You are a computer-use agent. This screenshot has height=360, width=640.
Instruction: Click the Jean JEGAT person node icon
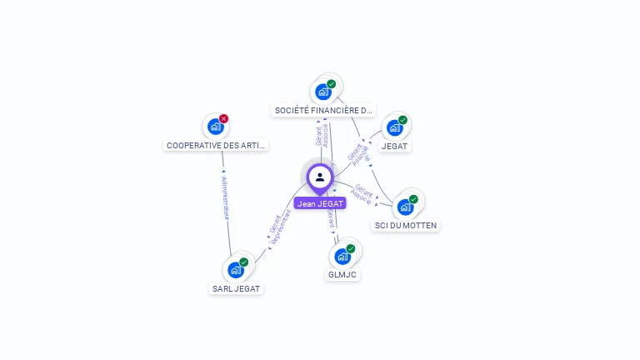pyautogui.click(x=319, y=177)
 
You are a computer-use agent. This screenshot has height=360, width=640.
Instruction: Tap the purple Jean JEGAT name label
pyautogui.click(x=319, y=203)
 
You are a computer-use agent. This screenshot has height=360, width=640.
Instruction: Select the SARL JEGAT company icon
pyautogui.click(x=235, y=270)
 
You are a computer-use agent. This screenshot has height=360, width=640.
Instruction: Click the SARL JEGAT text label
pyautogui.click(x=236, y=289)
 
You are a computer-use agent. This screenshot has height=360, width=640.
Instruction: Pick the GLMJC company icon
pyautogui.click(x=342, y=257)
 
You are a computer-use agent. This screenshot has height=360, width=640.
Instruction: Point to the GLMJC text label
pyautogui.click(x=342, y=274)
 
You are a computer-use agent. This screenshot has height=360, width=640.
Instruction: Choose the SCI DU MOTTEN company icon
pyautogui.click(x=405, y=207)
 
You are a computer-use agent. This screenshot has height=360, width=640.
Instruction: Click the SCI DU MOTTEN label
pyautogui.click(x=406, y=226)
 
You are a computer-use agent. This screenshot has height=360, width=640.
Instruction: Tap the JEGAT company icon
pyautogui.click(x=394, y=127)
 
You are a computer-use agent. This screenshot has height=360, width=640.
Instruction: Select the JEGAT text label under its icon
pyautogui.click(x=394, y=146)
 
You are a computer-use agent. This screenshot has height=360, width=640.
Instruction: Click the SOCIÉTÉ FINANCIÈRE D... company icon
pyautogui.click(x=323, y=92)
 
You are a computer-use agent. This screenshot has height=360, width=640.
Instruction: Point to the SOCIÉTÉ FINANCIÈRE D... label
pyautogui.click(x=324, y=110)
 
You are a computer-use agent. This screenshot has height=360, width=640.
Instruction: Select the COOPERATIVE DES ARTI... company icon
pyautogui.click(x=215, y=127)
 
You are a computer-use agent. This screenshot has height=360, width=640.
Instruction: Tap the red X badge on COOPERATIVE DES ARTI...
pyautogui.click(x=224, y=119)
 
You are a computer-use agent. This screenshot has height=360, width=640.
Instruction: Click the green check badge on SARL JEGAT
pyautogui.click(x=244, y=262)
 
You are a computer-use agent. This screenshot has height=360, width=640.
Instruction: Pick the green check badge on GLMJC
pyautogui.click(x=351, y=248)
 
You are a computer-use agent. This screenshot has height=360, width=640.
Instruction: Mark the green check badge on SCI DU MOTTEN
pyautogui.click(x=413, y=199)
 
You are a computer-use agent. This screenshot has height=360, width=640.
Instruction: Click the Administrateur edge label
pyautogui.click(x=225, y=197)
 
